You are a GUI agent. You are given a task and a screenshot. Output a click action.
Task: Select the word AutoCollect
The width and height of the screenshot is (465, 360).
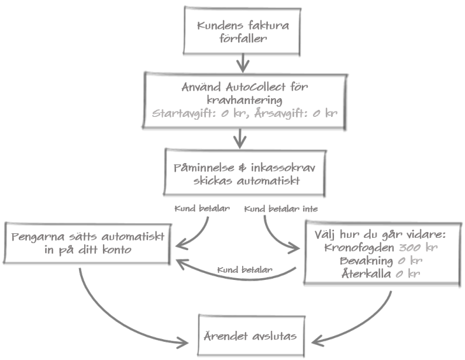point(256,87)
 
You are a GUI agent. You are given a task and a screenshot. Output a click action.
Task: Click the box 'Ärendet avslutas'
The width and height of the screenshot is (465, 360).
point(251,337)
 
